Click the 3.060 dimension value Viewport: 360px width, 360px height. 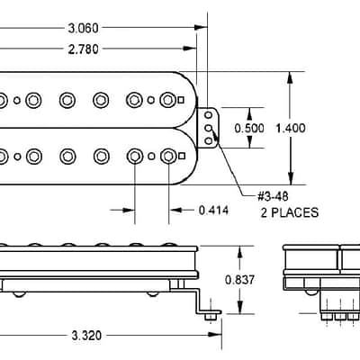point(83,28)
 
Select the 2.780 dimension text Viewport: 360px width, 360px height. point(83,49)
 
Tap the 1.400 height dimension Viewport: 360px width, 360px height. point(291,129)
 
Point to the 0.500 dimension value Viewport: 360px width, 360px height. point(249,129)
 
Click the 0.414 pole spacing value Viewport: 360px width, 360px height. point(213,211)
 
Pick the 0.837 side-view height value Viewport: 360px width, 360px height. point(239,280)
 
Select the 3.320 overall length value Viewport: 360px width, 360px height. point(86,336)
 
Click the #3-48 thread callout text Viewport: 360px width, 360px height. point(273,196)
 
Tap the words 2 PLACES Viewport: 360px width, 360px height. point(290,212)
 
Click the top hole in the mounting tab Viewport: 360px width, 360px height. point(209,115)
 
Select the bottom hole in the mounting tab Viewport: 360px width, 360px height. point(209,140)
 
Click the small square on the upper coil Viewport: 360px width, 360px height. point(181,100)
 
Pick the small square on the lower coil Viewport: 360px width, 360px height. point(181,156)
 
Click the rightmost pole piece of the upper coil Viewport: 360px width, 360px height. point(167,100)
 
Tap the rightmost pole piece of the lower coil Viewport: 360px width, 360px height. point(168,156)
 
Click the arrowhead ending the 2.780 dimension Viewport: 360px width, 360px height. point(190,48)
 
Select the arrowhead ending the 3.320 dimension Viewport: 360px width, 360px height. point(215,334)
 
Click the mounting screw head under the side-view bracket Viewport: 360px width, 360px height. point(211,317)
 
